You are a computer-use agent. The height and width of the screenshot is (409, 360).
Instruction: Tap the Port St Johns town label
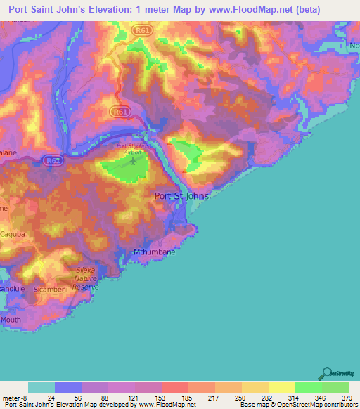tap(181, 196)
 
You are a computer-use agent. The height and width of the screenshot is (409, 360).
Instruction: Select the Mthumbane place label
tap(153, 251)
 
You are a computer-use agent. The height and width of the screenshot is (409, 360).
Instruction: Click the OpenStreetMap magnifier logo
tap(326, 373)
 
